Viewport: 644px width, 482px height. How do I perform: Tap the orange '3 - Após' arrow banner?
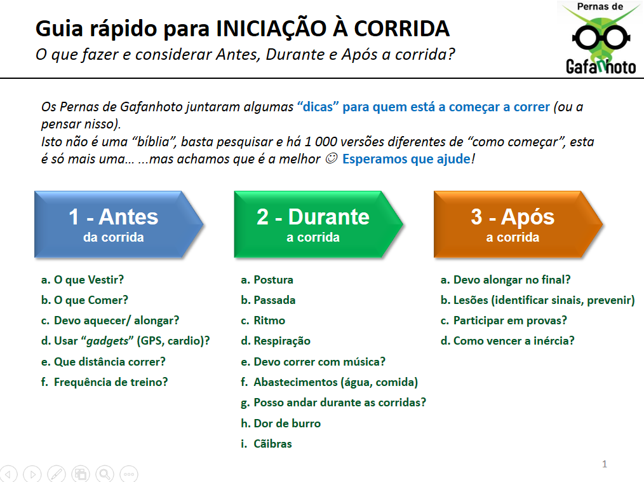(x=518, y=224)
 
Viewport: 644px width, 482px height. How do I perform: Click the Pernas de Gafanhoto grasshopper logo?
(x=600, y=38)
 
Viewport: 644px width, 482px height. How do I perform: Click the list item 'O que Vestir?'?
(x=89, y=280)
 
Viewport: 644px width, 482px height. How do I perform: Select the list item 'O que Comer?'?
(x=91, y=300)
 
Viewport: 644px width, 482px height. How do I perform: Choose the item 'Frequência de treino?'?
(x=111, y=382)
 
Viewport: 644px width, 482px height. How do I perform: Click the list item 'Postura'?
(x=273, y=280)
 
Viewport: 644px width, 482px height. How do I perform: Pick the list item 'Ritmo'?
(x=269, y=320)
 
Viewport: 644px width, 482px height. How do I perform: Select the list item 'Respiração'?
(x=282, y=341)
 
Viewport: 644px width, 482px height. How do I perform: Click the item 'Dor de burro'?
(x=287, y=423)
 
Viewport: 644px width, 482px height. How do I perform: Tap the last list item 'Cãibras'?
(x=272, y=444)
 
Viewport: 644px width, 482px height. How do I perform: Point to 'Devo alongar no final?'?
(x=512, y=280)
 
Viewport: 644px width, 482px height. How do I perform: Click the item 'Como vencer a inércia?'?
(x=514, y=341)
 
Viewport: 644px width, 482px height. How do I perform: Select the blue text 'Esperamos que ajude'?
(x=406, y=159)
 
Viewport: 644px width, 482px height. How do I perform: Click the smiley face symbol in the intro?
(x=331, y=158)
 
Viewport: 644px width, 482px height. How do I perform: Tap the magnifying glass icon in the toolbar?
(x=105, y=474)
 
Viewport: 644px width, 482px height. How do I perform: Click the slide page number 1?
(x=605, y=464)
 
